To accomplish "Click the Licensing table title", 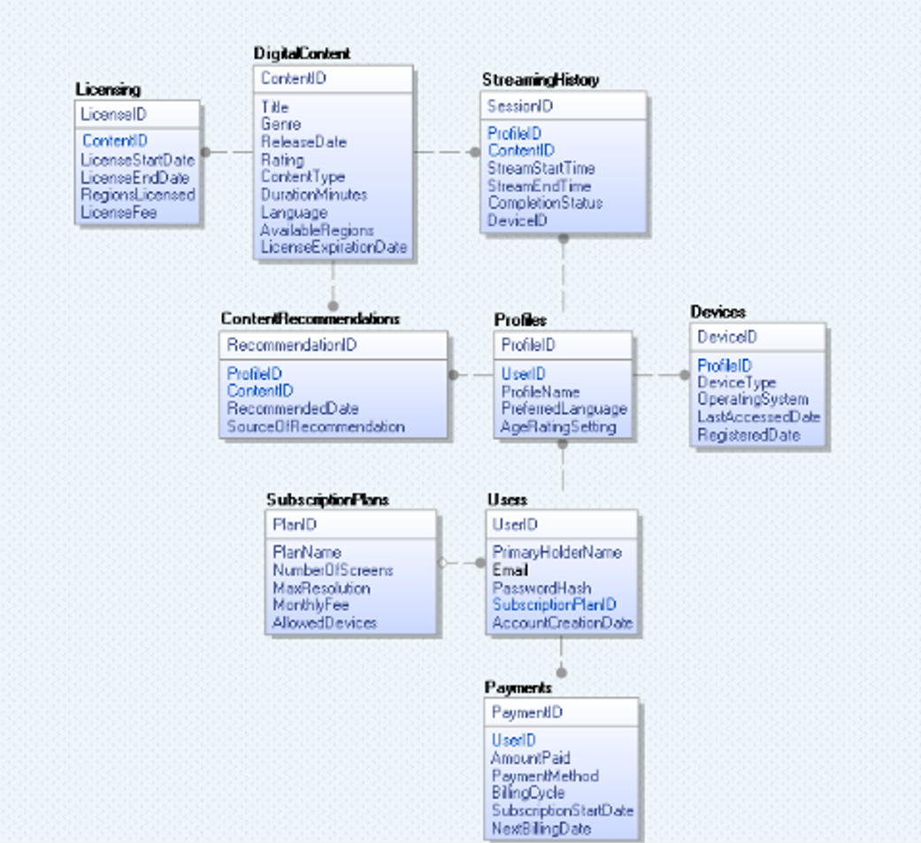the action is (x=108, y=89).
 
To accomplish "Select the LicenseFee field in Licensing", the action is (x=119, y=212).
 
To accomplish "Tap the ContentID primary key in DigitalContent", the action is (x=294, y=78).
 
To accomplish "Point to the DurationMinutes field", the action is (x=314, y=195).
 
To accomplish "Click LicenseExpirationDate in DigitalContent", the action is (x=334, y=248).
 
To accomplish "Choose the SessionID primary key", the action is (x=520, y=106).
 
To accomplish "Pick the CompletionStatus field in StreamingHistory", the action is (x=546, y=203).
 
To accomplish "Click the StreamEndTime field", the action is (x=540, y=186).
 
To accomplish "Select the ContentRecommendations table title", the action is (x=311, y=318).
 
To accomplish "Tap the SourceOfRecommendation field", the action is (x=316, y=425).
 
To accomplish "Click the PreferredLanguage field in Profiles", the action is (x=564, y=409).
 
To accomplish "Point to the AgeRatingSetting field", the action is (x=558, y=426).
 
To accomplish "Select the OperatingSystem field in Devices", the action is (x=753, y=399).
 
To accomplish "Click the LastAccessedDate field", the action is (x=759, y=417).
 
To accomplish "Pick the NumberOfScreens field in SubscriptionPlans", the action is (x=333, y=570).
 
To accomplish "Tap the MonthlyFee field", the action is (x=311, y=604).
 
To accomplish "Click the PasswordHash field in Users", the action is (x=542, y=587).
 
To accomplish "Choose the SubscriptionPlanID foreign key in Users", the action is (x=555, y=604).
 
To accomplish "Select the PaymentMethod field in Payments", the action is (x=545, y=776).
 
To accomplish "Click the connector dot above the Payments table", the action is (x=562, y=672).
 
